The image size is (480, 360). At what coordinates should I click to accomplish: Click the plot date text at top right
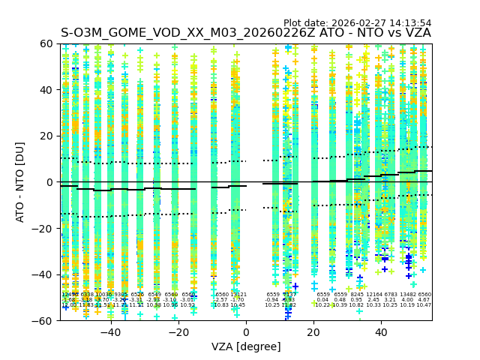point(357,23)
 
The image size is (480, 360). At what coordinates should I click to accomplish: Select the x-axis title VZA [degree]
point(245,346)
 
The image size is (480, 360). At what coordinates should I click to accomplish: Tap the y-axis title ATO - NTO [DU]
point(20,181)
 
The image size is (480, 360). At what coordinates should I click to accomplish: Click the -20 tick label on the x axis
point(178,331)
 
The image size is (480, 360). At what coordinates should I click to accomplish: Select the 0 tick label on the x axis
point(246,331)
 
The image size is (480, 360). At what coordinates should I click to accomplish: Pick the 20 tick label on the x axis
point(313,331)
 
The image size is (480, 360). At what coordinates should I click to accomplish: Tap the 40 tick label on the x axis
point(381,331)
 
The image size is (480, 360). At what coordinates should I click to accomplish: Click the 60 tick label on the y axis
point(46,43)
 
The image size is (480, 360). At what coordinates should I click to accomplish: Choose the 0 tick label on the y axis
point(49,182)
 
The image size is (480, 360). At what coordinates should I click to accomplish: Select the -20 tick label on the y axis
point(43,228)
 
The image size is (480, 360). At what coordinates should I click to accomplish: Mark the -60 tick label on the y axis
point(43,320)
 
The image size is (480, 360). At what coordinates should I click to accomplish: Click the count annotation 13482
point(408,295)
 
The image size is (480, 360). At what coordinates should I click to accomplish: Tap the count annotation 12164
point(374,295)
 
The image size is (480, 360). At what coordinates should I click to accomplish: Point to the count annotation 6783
point(391,295)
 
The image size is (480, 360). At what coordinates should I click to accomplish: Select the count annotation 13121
point(238,295)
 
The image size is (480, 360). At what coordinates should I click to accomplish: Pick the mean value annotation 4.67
point(424,300)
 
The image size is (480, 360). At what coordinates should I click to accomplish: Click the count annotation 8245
point(357,295)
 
